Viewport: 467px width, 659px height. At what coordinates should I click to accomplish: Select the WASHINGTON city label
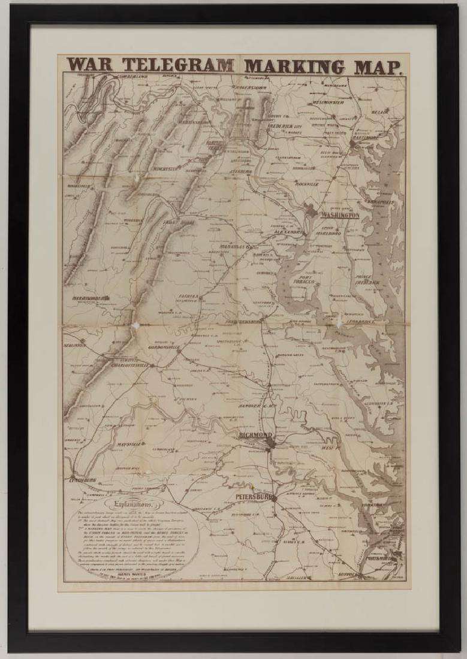(340, 215)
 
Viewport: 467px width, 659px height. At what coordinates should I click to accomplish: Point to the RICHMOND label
(255, 436)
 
